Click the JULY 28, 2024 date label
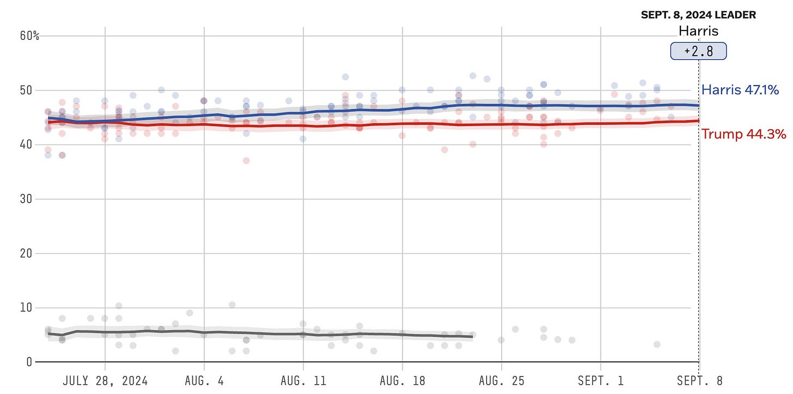pos(105,380)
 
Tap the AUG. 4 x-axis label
pos(204,380)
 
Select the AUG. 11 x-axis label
pos(303,380)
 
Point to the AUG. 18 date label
pos(402,380)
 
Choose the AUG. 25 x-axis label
pos(501,380)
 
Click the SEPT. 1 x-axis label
pos(600,380)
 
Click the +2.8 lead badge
pos(698,51)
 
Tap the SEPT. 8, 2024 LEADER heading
pos(698,15)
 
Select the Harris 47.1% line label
pos(740,90)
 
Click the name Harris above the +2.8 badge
pos(698,31)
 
